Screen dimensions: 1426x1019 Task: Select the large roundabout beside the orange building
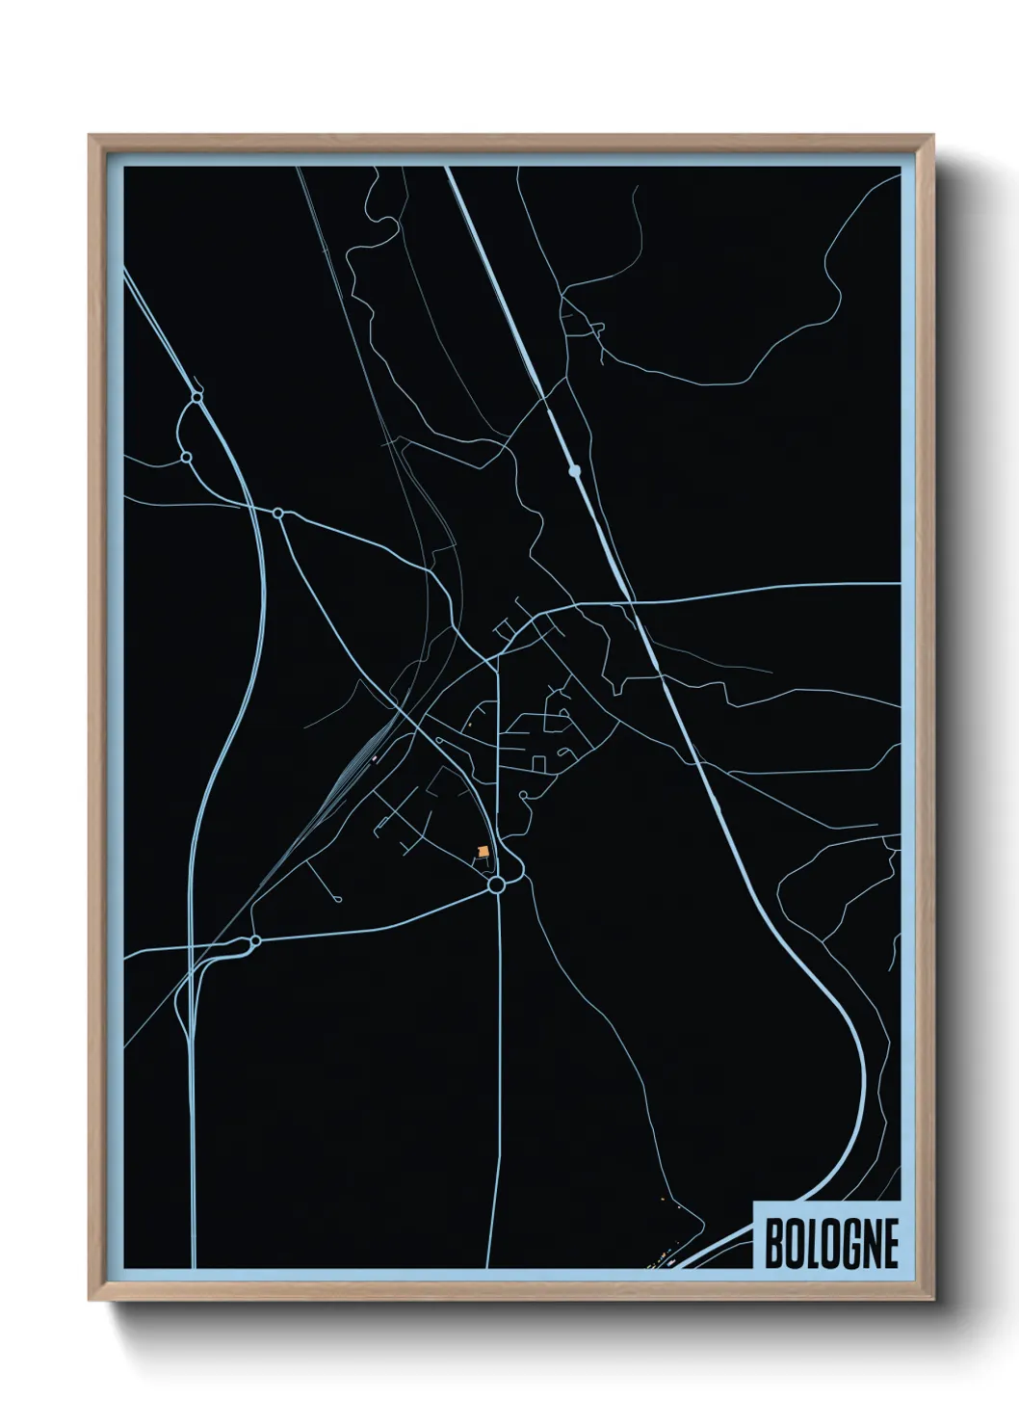point(497,885)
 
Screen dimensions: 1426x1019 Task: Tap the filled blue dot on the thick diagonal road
point(575,471)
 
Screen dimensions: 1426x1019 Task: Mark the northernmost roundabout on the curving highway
point(197,396)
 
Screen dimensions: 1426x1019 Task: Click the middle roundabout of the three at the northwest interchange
point(187,457)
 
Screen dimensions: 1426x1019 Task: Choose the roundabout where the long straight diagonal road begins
point(278,514)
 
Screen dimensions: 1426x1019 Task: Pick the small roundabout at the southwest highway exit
point(255,940)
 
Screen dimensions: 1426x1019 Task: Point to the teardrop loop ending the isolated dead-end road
point(339,899)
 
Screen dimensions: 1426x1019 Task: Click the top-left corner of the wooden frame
point(91,136)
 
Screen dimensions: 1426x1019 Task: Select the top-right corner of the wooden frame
point(934,136)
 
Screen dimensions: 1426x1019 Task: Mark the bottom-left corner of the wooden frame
point(91,1300)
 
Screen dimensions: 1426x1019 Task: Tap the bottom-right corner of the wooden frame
point(934,1300)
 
